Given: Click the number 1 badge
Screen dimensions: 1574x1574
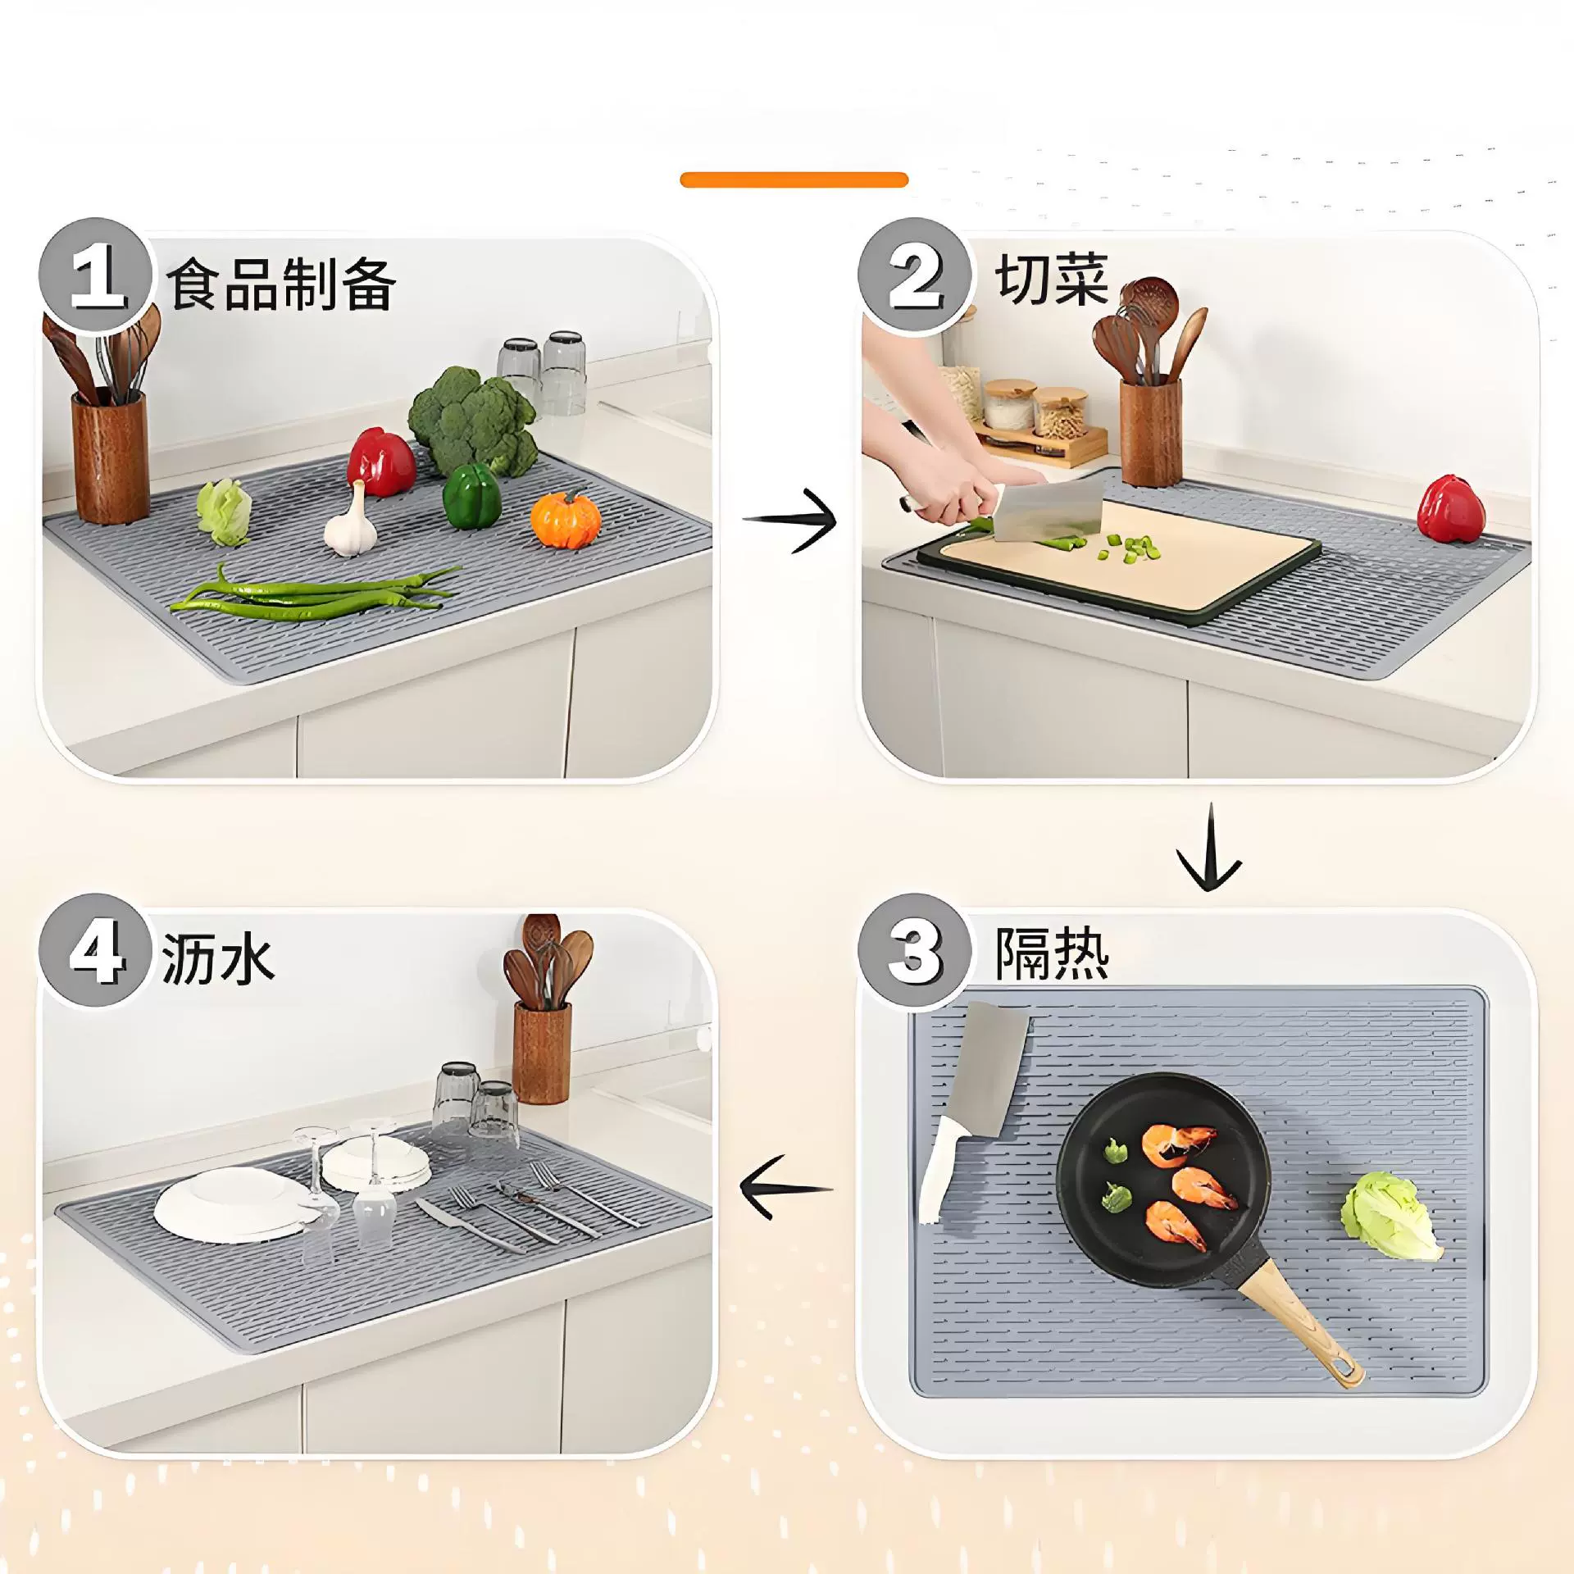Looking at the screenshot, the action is (96, 276).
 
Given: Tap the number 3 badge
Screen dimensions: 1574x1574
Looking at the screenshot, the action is (915, 951).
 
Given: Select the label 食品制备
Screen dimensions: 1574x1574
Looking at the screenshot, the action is (281, 284).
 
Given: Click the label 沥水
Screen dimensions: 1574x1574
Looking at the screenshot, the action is (218, 958).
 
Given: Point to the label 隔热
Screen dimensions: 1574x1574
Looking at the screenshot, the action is (1053, 953).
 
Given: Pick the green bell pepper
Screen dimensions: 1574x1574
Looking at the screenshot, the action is (471, 497).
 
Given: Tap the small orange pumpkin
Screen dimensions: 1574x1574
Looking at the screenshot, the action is (566, 519).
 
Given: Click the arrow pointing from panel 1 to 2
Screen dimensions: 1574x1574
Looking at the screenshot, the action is (789, 520).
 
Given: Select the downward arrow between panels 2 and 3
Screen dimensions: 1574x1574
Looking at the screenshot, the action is (1209, 848).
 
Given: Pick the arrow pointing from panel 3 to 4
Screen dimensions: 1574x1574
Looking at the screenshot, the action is (786, 1188).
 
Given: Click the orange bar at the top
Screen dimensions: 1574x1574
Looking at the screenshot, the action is (794, 180).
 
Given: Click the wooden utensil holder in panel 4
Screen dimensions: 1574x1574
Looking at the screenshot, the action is (541, 1053).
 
